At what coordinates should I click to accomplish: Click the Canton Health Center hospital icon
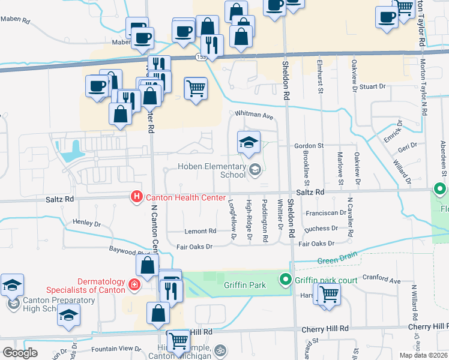[x=137, y=196]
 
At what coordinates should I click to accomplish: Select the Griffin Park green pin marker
[x=286, y=280]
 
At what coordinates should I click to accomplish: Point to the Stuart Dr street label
[x=373, y=86]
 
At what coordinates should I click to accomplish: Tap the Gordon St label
[x=309, y=146]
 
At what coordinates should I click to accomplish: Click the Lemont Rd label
[x=200, y=231]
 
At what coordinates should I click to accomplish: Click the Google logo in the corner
[x=20, y=352]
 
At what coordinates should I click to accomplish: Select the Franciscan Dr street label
[x=326, y=212]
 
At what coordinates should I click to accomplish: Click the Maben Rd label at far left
[x=15, y=20]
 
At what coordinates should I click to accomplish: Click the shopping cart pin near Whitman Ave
[x=196, y=89]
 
